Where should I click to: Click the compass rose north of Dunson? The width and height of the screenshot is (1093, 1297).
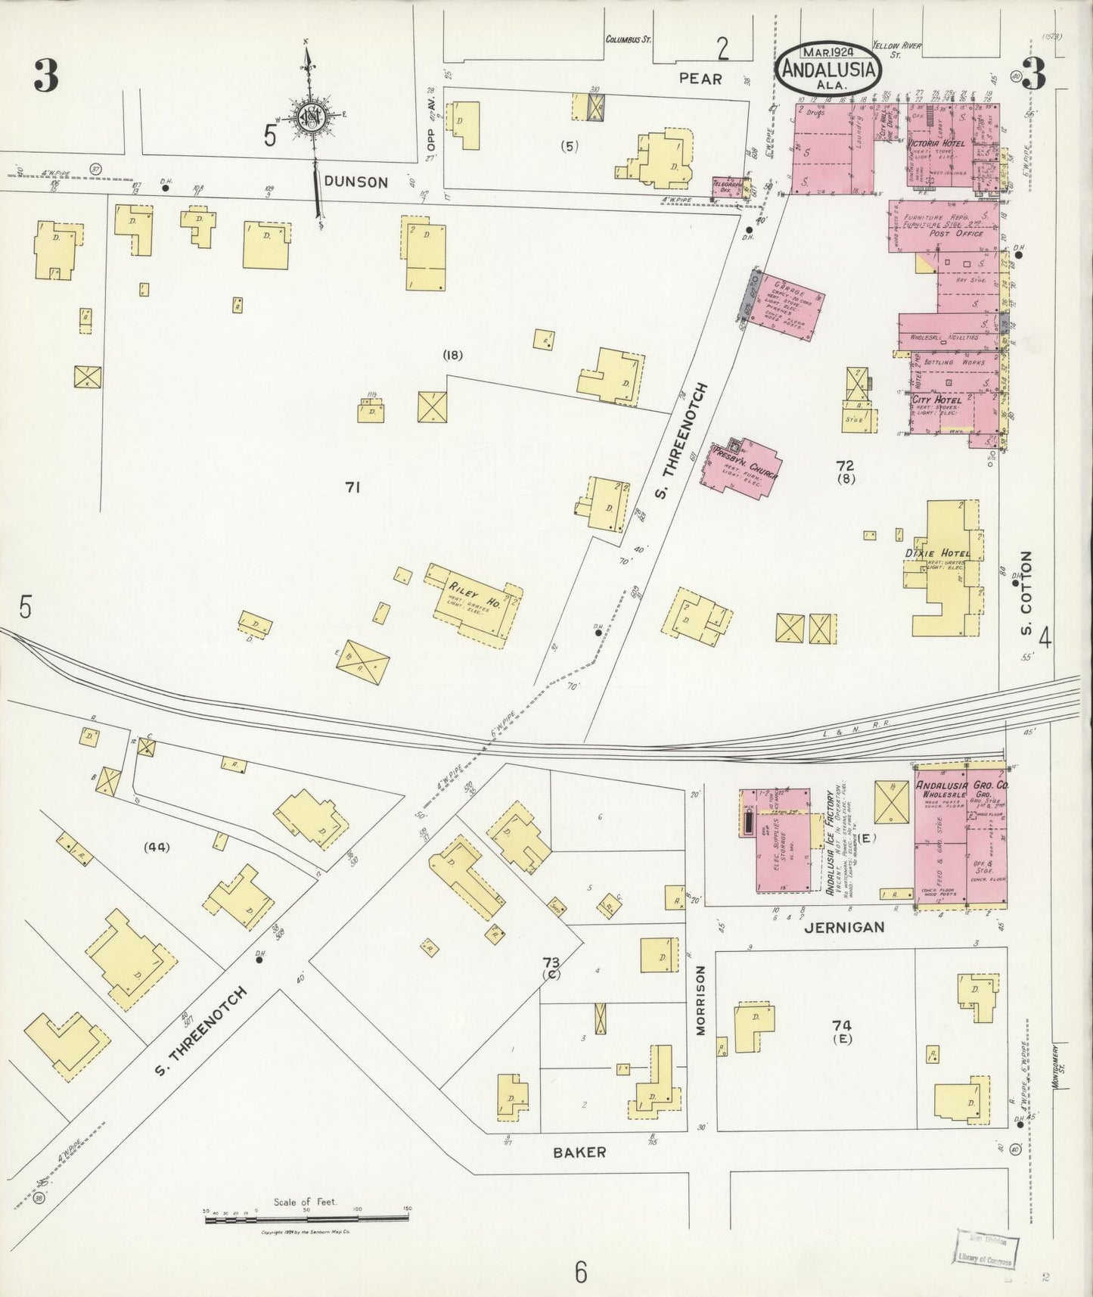click(311, 117)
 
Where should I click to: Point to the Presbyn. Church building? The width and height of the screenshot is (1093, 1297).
click(741, 467)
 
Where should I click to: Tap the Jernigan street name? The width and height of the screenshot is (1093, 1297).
click(845, 927)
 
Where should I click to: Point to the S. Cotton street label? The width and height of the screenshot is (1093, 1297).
click(1026, 593)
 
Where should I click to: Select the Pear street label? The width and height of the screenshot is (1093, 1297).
click(700, 78)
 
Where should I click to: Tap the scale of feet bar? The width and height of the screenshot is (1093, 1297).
click(306, 1218)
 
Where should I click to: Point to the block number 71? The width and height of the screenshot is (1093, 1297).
click(352, 488)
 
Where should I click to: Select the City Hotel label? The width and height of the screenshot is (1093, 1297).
click(936, 400)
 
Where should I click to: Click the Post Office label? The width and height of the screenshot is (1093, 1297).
click(956, 234)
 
